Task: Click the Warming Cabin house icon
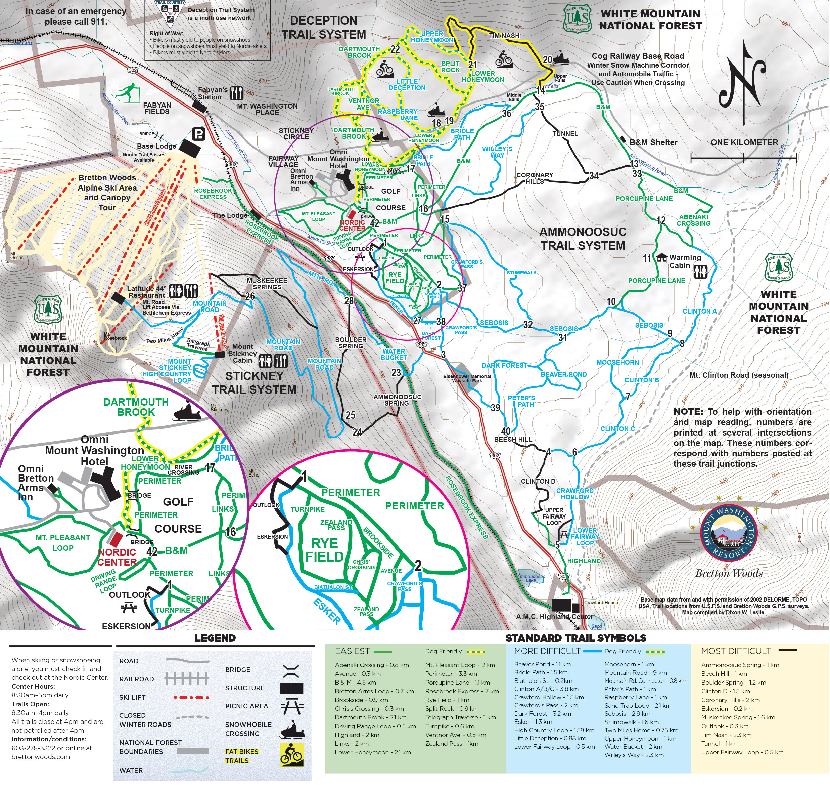661,258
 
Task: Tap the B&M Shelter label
653,142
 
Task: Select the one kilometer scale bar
743,158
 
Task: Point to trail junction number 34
594,175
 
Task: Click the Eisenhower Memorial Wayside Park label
467,378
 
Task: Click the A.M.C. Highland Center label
554,616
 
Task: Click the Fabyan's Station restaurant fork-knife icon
237,93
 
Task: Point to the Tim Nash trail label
504,36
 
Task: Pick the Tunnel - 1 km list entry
719,744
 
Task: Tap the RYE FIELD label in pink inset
324,550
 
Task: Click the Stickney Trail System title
254,382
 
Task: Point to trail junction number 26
250,296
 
